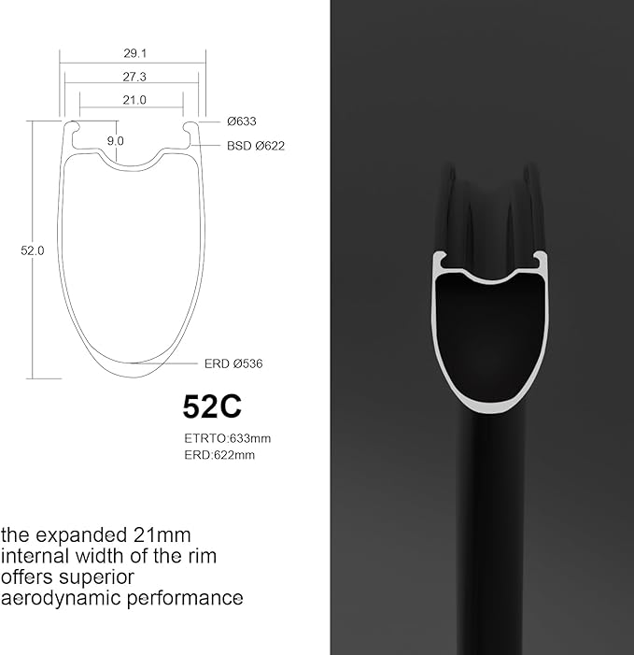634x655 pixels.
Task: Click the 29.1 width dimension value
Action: [x=134, y=53]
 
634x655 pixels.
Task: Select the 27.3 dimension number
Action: [x=134, y=77]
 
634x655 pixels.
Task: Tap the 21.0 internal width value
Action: [x=134, y=100]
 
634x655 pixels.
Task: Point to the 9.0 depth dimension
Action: [x=115, y=141]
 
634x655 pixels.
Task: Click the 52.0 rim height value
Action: [x=32, y=250]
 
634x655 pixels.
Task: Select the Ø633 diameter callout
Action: [x=242, y=121]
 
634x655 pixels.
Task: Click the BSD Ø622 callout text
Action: [x=256, y=146]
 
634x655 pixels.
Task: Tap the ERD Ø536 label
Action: [x=233, y=363]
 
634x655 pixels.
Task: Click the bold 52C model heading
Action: [x=212, y=406]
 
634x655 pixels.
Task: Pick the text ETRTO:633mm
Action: [x=228, y=438]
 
